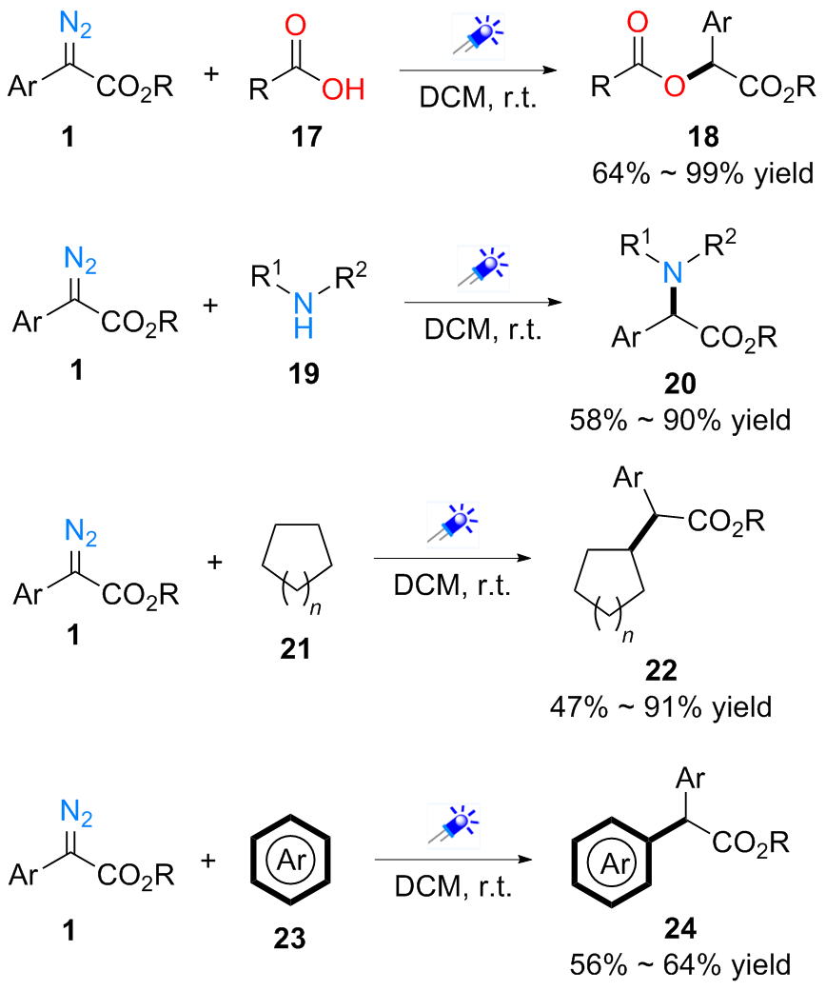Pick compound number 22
(x=674, y=673)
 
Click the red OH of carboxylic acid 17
(x=343, y=90)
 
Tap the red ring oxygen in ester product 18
(x=674, y=89)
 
